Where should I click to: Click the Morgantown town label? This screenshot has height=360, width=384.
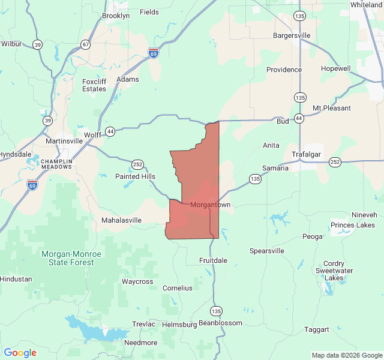tap(210, 205)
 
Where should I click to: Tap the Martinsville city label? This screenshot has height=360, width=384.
tap(64, 141)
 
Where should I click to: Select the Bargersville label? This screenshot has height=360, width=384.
tap(292, 35)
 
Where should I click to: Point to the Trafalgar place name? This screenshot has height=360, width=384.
tap(307, 154)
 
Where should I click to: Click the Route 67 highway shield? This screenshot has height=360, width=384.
tap(86, 44)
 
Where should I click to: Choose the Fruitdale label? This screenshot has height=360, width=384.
tap(213, 260)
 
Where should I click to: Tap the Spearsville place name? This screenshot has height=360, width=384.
tap(266, 251)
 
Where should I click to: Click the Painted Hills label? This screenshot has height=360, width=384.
tap(135, 176)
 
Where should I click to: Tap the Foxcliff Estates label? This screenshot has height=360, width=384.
tap(94, 85)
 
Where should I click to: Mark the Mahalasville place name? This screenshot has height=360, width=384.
tap(121, 220)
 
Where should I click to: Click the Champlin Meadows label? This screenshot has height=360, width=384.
tap(56, 164)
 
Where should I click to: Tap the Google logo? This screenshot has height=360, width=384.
tap(20, 353)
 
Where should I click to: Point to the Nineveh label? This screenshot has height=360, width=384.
tap(364, 215)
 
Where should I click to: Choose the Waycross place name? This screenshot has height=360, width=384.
tap(137, 281)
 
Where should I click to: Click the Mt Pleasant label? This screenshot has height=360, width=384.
tap(332, 108)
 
